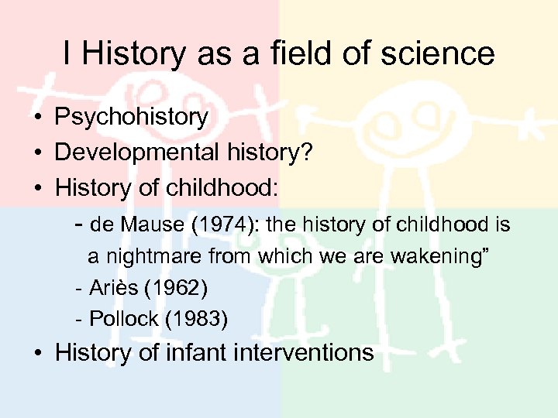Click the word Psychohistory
click(x=132, y=118)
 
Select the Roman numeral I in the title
click(x=68, y=53)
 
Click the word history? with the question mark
click(x=275, y=152)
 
